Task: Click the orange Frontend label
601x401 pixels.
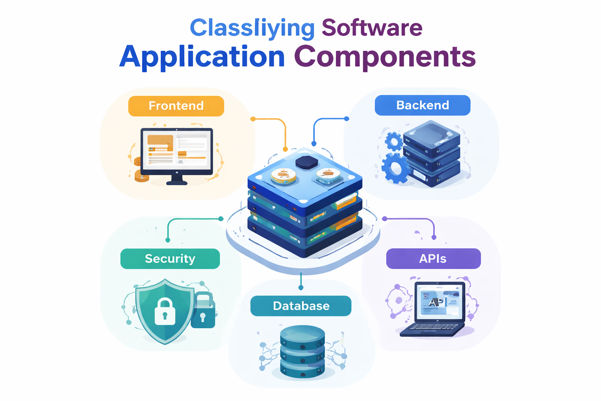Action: click(x=176, y=106)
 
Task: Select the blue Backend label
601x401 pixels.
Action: click(x=422, y=105)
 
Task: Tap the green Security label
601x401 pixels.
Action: click(x=170, y=259)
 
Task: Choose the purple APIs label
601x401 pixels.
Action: click(x=433, y=259)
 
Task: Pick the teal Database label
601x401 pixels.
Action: click(x=301, y=306)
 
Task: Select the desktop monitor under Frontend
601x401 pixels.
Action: click(x=176, y=151)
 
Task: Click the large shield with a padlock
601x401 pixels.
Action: click(x=165, y=311)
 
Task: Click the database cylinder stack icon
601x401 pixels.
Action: click(x=302, y=351)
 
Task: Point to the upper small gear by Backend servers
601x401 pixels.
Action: click(x=394, y=141)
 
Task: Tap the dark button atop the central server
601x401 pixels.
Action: click(x=306, y=162)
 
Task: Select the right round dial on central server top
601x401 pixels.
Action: click(x=328, y=175)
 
